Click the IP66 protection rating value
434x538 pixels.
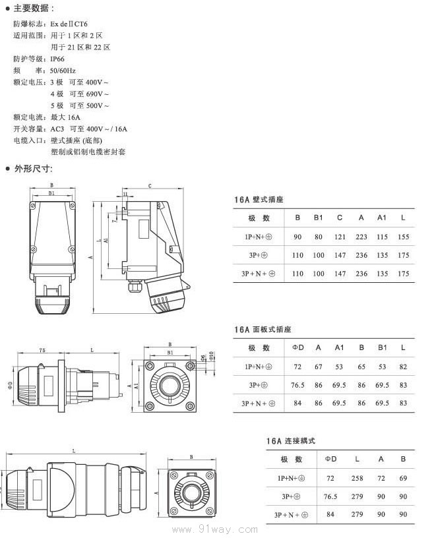(59, 59)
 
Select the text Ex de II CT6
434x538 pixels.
(73, 23)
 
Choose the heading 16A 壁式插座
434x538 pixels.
(259, 199)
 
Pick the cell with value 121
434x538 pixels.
(340, 237)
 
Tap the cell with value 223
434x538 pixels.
(361, 237)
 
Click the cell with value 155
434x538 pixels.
(404, 237)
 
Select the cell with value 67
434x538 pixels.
(319, 366)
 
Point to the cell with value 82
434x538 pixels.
(403, 366)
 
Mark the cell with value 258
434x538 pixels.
(357, 478)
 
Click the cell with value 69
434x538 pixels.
(403, 478)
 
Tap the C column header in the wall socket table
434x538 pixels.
(340, 218)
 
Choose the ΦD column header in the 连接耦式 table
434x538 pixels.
(330, 459)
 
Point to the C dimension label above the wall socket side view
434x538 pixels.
(150, 186)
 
